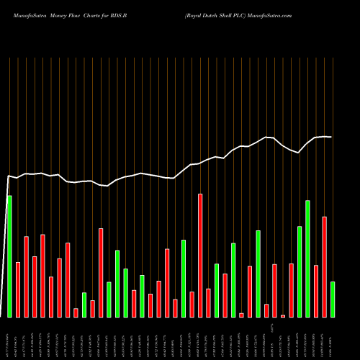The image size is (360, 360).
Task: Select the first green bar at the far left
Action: click(x=9, y=256)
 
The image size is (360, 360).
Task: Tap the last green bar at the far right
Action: click(x=333, y=300)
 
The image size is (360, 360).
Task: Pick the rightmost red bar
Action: click(x=324, y=267)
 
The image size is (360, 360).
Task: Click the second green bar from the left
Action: click(x=84, y=305)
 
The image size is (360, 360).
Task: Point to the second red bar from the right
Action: click(x=316, y=291)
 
